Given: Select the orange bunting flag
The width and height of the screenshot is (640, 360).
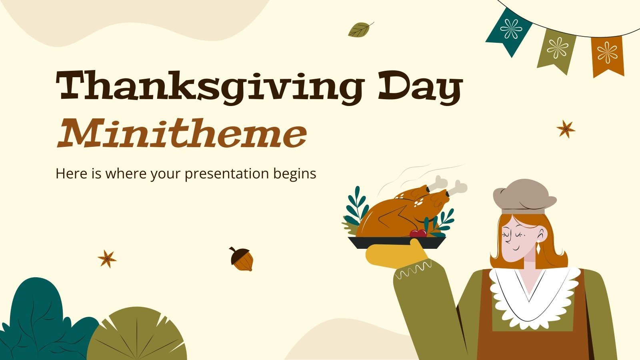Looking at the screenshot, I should tap(607, 55).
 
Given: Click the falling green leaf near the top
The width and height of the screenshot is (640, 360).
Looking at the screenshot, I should tap(360, 30).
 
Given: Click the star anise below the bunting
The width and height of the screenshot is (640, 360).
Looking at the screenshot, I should tap(566, 129).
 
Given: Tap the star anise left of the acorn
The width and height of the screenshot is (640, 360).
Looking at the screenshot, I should tap(107, 259).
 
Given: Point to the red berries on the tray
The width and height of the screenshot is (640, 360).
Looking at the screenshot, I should tap(418, 233).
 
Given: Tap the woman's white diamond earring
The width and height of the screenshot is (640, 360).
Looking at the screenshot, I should tap(538, 248).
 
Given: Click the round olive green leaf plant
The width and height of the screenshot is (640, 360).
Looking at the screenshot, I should tap(136, 336).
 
